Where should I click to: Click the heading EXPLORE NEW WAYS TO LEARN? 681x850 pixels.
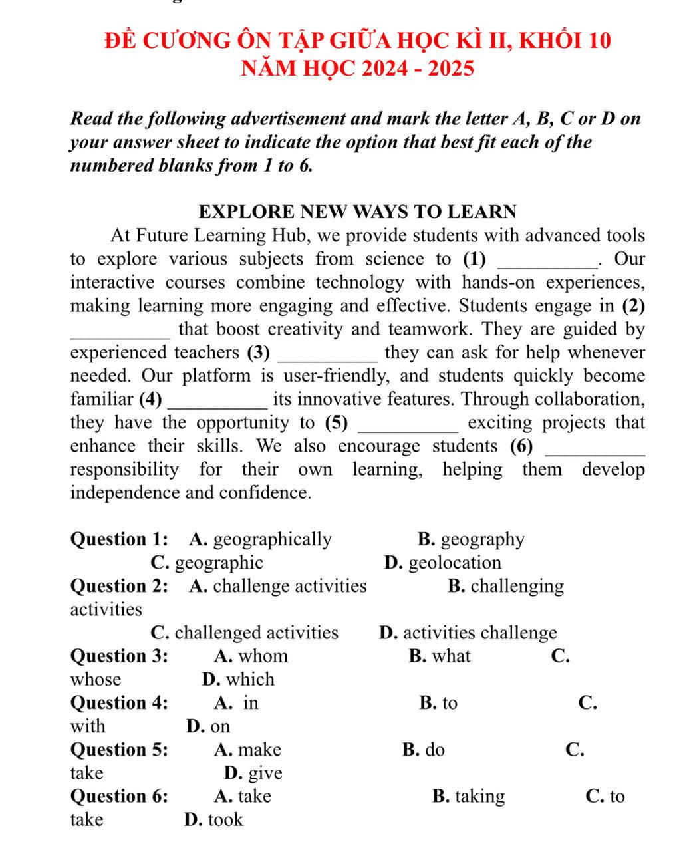pyautogui.click(x=358, y=212)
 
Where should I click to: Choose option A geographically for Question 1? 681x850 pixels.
pyautogui.click(x=260, y=539)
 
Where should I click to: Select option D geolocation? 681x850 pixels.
pyautogui.click(x=443, y=563)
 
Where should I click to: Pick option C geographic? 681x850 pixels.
pyautogui.click(x=207, y=563)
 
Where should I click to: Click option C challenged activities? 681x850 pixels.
pyautogui.click(x=245, y=633)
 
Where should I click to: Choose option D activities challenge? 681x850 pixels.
pyautogui.click(x=468, y=633)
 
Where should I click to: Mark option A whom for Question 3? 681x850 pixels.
pyautogui.click(x=251, y=656)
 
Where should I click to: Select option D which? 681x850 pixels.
pyautogui.click(x=238, y=680)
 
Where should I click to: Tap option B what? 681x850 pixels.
pyautogui.click(x=440, y=656)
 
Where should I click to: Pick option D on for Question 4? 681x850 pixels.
pyautogui.click(x=208, y=726)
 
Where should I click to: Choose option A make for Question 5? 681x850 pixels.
pyautogui.click(x=248, y=750)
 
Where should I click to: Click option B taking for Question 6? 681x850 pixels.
pyautogui.click(x=468, y=796)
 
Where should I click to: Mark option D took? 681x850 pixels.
pyautogui.click(x=213, y=819)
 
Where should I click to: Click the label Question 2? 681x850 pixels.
pyautogui.click(x=119, y=586)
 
